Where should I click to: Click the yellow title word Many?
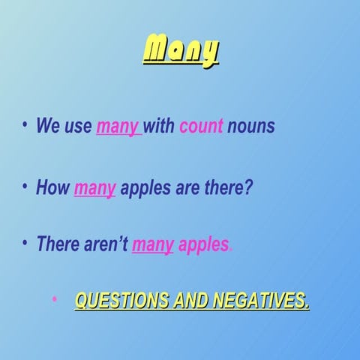pyautogui.click(x=181, y=51)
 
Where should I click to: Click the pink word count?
pyautogui.click(x=201, y=126)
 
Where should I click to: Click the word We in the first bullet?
pyautogui.click(x=48, y=126)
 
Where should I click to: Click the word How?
pyautogui.click(x=52, y=187)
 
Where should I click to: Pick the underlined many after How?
pyautogui.click(x=94, y=187)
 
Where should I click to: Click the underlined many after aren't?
pyautogui.click(x=152, y=245)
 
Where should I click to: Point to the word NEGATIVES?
pyautogui.click(x=259, y=301)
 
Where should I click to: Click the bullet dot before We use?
pyautogui.click(x=25, y=124)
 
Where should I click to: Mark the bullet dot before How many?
pyautogui.click(x=25, y=184)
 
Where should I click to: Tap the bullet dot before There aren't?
pyautogui.click(x=25, y=242)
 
